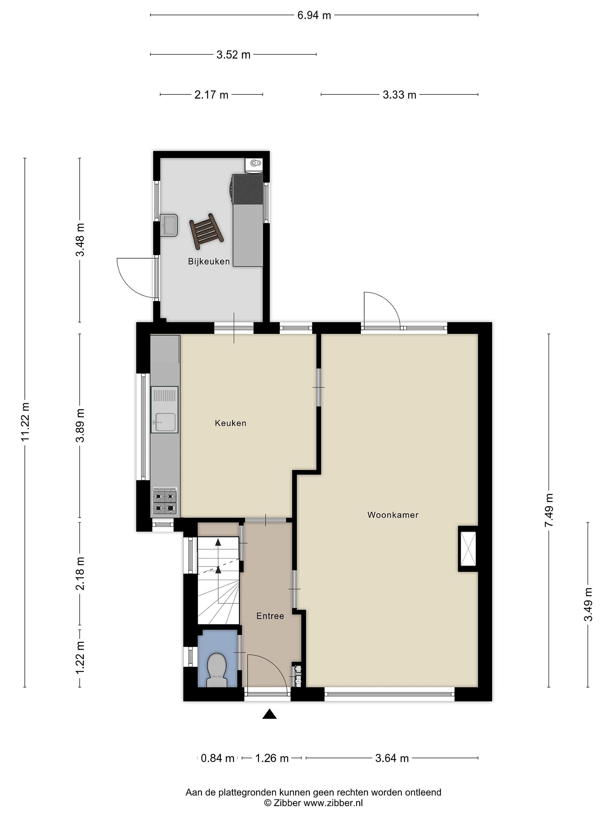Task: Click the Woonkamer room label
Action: click(x=392, y=515)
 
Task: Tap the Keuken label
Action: click(x=230, y=423)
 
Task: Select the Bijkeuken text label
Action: click(x=209, y=262)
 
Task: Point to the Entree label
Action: click(x=270, y=616)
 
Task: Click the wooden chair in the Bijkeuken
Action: click(x=207, y=231)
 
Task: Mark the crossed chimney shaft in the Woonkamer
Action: click(x=468, y=548)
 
